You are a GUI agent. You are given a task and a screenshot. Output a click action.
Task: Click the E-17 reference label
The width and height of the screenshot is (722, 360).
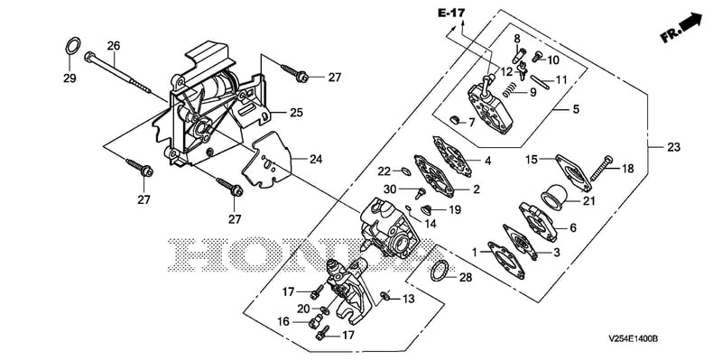[451, 14]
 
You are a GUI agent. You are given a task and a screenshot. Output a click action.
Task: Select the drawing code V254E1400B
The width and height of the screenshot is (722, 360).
[634, 339]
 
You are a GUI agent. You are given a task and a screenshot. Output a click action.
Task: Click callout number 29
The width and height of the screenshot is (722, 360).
[69, 78]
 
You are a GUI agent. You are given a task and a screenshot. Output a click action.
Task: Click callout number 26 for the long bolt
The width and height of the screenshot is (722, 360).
[114, 46]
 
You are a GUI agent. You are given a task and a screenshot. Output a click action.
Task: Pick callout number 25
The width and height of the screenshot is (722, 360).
[297, 112]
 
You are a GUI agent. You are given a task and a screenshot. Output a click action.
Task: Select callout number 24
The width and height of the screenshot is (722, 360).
[316, 160]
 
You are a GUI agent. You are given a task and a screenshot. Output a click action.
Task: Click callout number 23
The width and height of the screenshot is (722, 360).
[673, 147]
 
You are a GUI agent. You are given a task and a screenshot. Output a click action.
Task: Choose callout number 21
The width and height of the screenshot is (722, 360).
[589, 201]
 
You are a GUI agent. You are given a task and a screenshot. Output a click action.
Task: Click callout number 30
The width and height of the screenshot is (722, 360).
[390, 189]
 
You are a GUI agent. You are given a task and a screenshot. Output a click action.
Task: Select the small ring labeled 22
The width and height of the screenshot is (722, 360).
[405, 171]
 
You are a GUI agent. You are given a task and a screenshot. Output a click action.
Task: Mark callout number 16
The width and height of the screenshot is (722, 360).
[284, 321]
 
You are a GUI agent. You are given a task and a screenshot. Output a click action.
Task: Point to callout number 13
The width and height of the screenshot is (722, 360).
[409, 300]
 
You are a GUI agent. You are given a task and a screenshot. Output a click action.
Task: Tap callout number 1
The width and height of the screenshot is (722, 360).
[475, 252]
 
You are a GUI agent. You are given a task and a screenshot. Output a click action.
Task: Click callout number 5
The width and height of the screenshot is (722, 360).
[576, 109]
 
